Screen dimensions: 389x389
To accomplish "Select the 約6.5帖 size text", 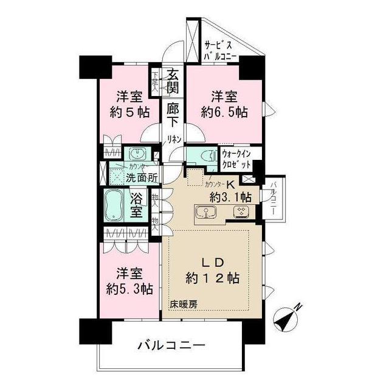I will pyautogui.click(x=224, y=112).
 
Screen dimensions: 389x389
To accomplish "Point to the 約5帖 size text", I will pyautogui.click(x=129, y=112).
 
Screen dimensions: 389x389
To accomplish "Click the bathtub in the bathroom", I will pyautogui.click(x=115, y=206).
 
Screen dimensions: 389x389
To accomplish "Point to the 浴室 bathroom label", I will pyautogui.click(x=138, y=206).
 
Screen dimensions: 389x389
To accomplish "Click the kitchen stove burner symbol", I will pyautogui.click(x=242, y=212).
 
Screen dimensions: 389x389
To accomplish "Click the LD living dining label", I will pyautogui.click(x=213, y=263).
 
